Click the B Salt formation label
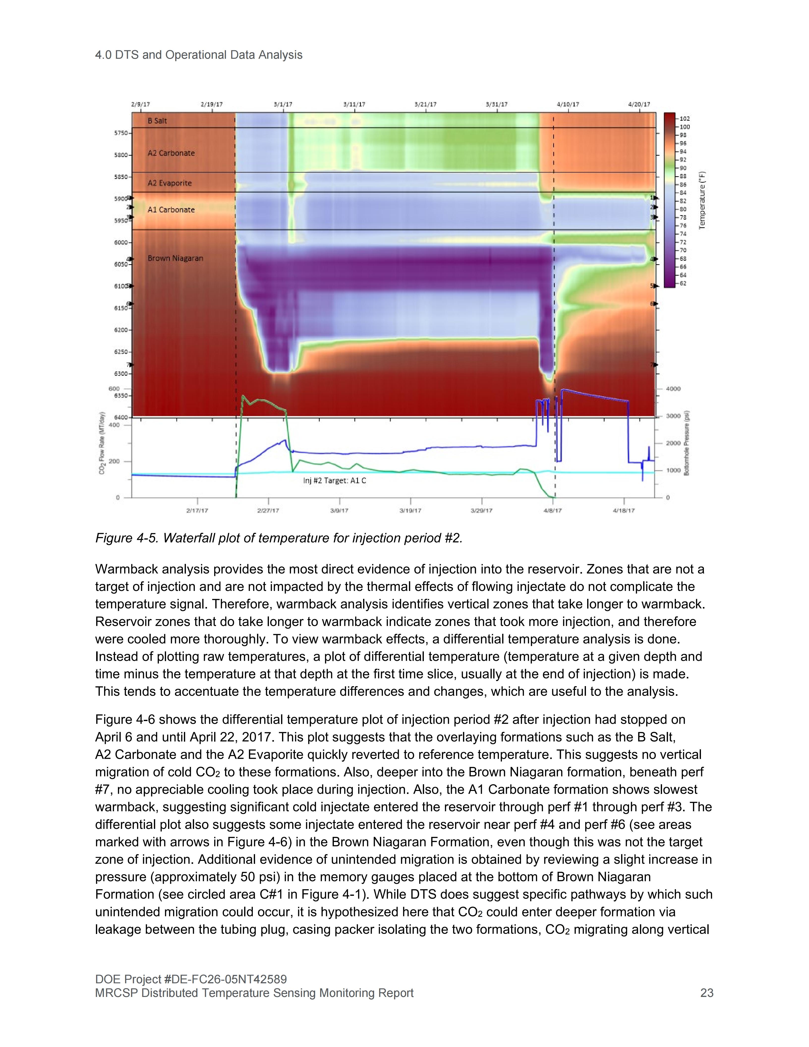[x=157, y=121]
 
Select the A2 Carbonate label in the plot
[x=171, y=153]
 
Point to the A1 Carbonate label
[x=171, y=209]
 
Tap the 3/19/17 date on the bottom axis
[x=410, y=511]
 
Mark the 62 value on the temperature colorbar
[x=683, y=283]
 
